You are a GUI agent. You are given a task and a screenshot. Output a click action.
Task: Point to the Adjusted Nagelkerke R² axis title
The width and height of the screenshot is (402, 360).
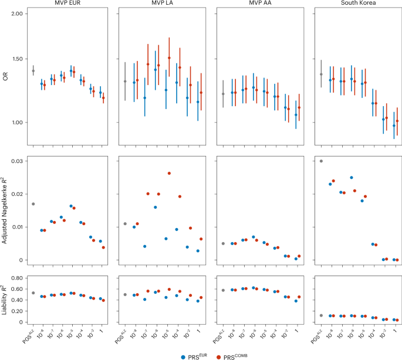(x=5, y=210)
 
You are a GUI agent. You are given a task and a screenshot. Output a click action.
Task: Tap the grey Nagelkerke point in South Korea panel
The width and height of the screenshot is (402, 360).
(x=321, y=161)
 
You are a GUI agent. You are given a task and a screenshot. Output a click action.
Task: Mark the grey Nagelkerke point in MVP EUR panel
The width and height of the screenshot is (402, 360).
(x=33, y=204)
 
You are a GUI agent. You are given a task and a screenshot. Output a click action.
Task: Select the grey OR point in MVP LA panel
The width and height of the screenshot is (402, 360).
(x=125, y=81)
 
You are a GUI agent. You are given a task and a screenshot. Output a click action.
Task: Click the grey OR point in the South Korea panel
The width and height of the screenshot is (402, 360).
(x=321, y=74)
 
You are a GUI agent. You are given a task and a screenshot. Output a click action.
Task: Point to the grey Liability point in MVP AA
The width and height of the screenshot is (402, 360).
(x=224, y=290)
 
